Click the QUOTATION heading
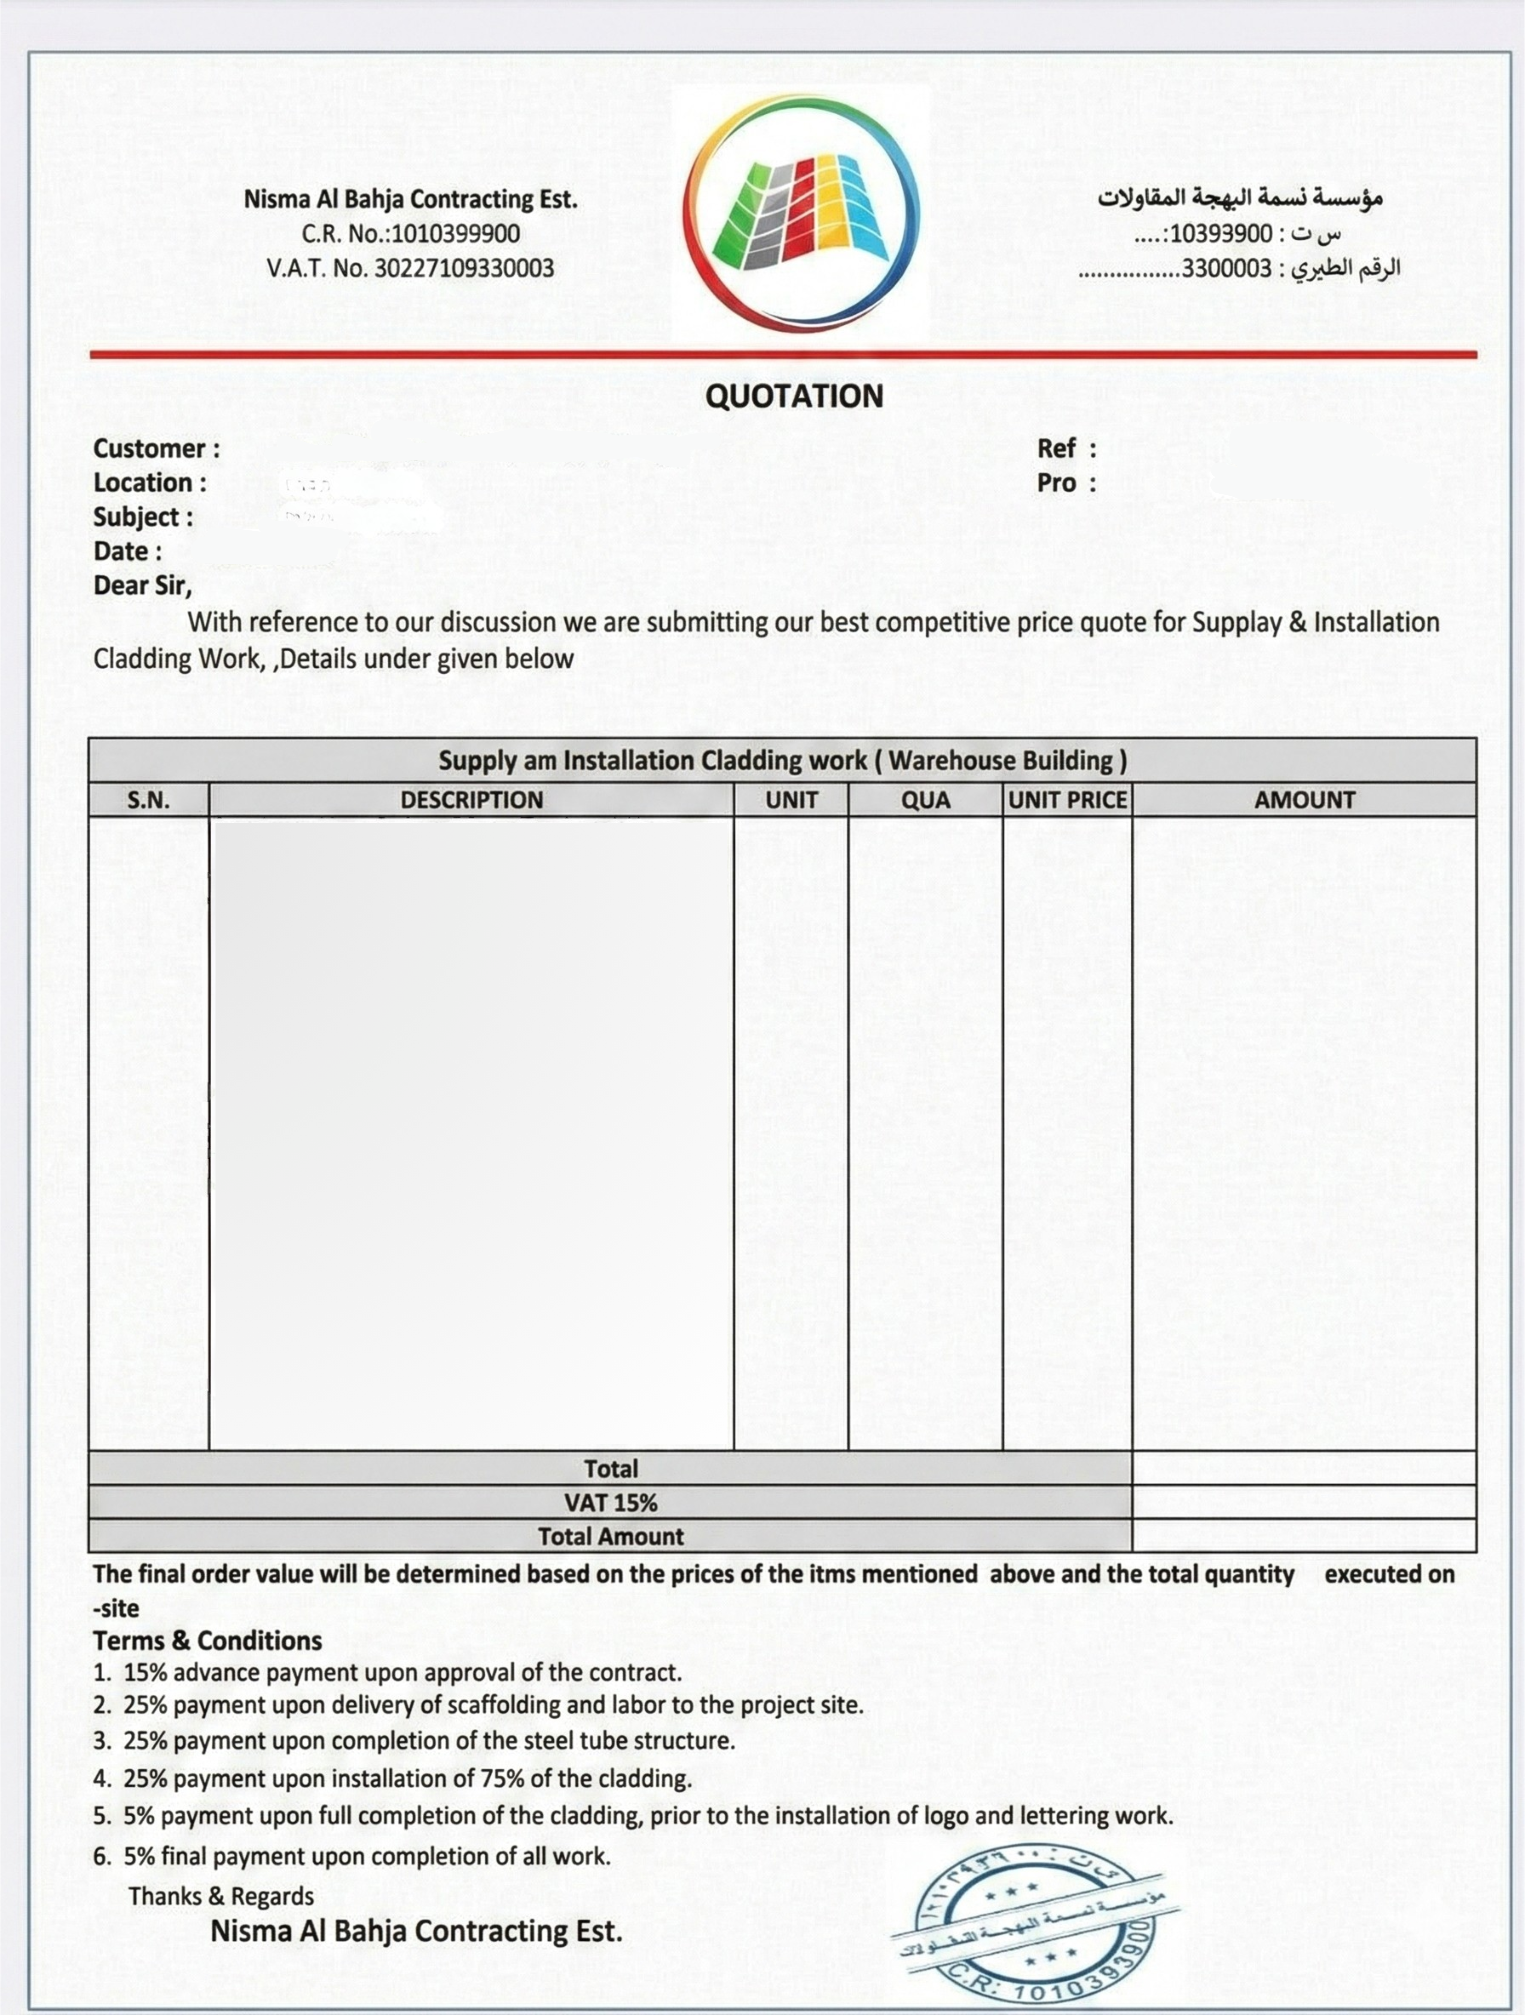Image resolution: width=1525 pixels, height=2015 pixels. pos(794,396)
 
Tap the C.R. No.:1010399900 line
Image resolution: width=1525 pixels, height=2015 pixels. pos(411,234)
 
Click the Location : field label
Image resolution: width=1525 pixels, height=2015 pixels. pos(150,483)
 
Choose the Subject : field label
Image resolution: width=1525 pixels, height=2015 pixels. pos(143,517)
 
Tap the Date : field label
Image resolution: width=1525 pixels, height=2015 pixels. pos(127,551)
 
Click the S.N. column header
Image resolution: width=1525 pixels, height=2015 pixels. pos(148,800)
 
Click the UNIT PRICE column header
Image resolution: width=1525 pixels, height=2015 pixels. pos(1068,800)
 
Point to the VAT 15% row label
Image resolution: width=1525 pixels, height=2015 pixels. pos(610,1502)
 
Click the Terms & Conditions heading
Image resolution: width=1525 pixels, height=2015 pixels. pos(208,1641)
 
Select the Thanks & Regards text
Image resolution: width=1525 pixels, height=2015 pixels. pos(221,1896)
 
